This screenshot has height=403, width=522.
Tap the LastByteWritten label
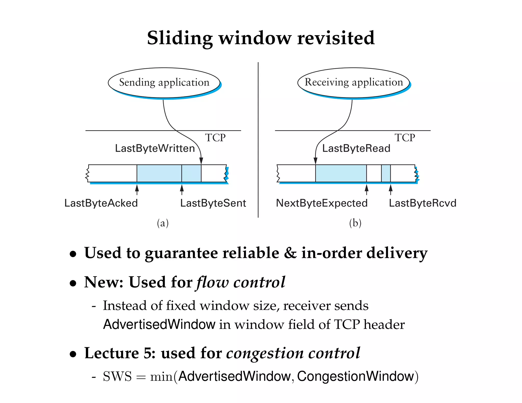click(x=155, y=148)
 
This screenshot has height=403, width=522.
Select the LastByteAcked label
click(x=101, y=203)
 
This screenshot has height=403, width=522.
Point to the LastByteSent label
click(x=213, y=203)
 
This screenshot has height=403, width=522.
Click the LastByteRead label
click(x=356, y=148)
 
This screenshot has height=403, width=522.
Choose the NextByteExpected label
click(x=322, y=203)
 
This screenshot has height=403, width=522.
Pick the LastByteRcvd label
click(x=422, y=203)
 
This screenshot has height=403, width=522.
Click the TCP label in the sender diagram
click(x=215, y=138)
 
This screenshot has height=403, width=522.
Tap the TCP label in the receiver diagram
click(x=405, y=138)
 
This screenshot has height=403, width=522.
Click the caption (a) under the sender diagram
click(x=163, y=223)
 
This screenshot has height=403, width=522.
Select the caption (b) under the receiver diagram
click(x=355, y=223)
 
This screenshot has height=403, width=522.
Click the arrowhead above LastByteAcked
click(x=137, y=188)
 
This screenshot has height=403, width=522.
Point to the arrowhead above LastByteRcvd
click(x=390, y=188)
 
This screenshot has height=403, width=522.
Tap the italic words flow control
click(x=241, y=282)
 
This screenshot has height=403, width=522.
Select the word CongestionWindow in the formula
click(x=355, y=376)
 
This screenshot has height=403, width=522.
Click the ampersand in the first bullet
click(x=290, y=253)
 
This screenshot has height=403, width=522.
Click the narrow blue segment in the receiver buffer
click(x=386, y=173)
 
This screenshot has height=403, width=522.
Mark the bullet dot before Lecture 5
click(x=73, y=354)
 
